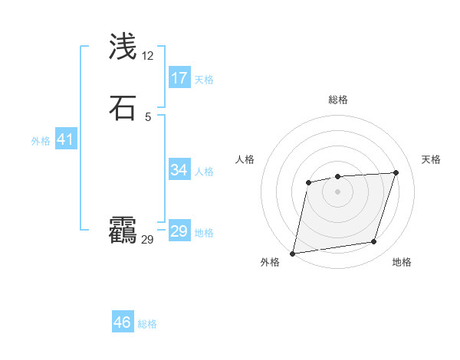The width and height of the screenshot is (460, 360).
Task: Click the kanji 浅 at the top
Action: [123, 47]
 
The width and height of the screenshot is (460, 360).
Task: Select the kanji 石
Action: [123, 108]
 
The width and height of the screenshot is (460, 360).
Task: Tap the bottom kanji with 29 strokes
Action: [123, 231]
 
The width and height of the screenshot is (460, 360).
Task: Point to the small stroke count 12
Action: [148, 56]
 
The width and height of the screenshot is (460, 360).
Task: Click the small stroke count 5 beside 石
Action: [148, 117]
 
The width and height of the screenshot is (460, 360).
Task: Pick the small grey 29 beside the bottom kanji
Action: [148, 240]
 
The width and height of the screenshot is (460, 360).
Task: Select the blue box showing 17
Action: [179, 78]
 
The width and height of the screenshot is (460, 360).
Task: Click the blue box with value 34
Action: [179, 170]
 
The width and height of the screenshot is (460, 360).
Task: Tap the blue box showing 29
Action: [179, 231]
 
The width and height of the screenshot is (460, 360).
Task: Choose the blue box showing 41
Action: [65, 139]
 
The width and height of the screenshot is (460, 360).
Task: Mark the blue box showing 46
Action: [123, 322]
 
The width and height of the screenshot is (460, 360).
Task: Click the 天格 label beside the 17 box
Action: [204, 80]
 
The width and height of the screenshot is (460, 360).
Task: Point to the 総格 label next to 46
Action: [147, 324]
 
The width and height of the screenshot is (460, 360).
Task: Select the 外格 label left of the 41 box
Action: [41, 141]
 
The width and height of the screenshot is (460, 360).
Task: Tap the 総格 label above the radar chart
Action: [338, 100]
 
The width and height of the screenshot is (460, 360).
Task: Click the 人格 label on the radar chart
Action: [245, 159]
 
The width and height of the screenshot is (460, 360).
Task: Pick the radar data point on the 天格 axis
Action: [396, 172]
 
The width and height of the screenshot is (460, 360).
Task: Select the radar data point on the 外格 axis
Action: [293, 254]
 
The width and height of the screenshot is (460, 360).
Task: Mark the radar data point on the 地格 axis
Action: [374, 242]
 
